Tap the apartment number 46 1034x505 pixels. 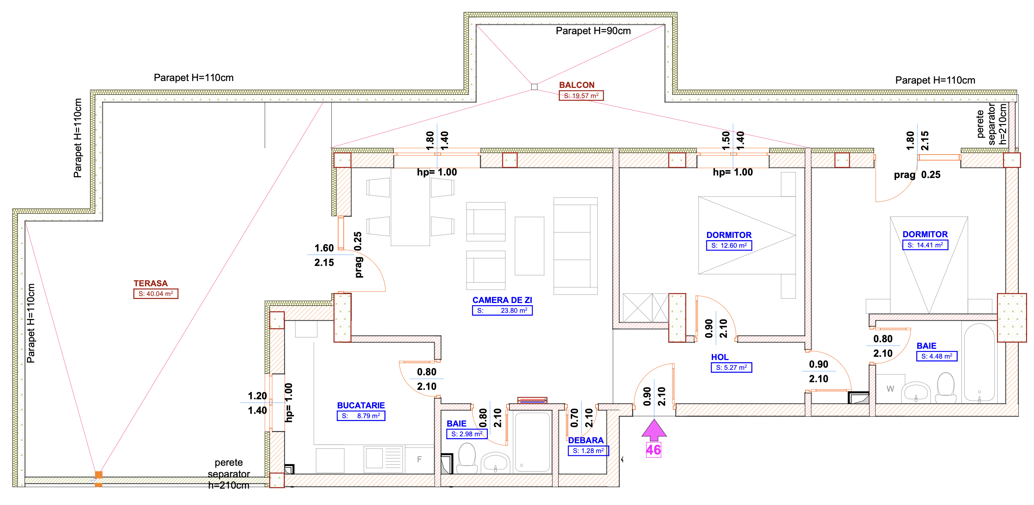click(654, 450)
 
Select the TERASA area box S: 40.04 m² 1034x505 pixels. click(156, 294)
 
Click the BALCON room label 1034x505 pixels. click(577, 85)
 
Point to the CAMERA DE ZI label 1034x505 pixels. click(502, 300)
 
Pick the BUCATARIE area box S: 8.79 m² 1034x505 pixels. click(361, 416)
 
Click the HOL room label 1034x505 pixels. click(720, 357)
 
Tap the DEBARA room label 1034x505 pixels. click(586, 440)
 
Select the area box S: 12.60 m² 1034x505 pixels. click(729, 245)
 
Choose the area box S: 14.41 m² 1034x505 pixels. click(925, 245)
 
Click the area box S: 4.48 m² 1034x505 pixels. click(937, 356)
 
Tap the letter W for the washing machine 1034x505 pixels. click(890, 389)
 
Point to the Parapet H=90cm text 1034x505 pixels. click(593, 31)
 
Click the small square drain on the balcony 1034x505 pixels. click(534, 87)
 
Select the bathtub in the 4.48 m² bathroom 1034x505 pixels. click(980, 363)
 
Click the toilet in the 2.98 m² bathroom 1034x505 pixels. click(467, 458)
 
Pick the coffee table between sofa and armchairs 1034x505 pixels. click(529, 246)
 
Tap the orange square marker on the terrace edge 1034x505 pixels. click(98, 475)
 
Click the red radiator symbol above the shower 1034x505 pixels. click(532, 400)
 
